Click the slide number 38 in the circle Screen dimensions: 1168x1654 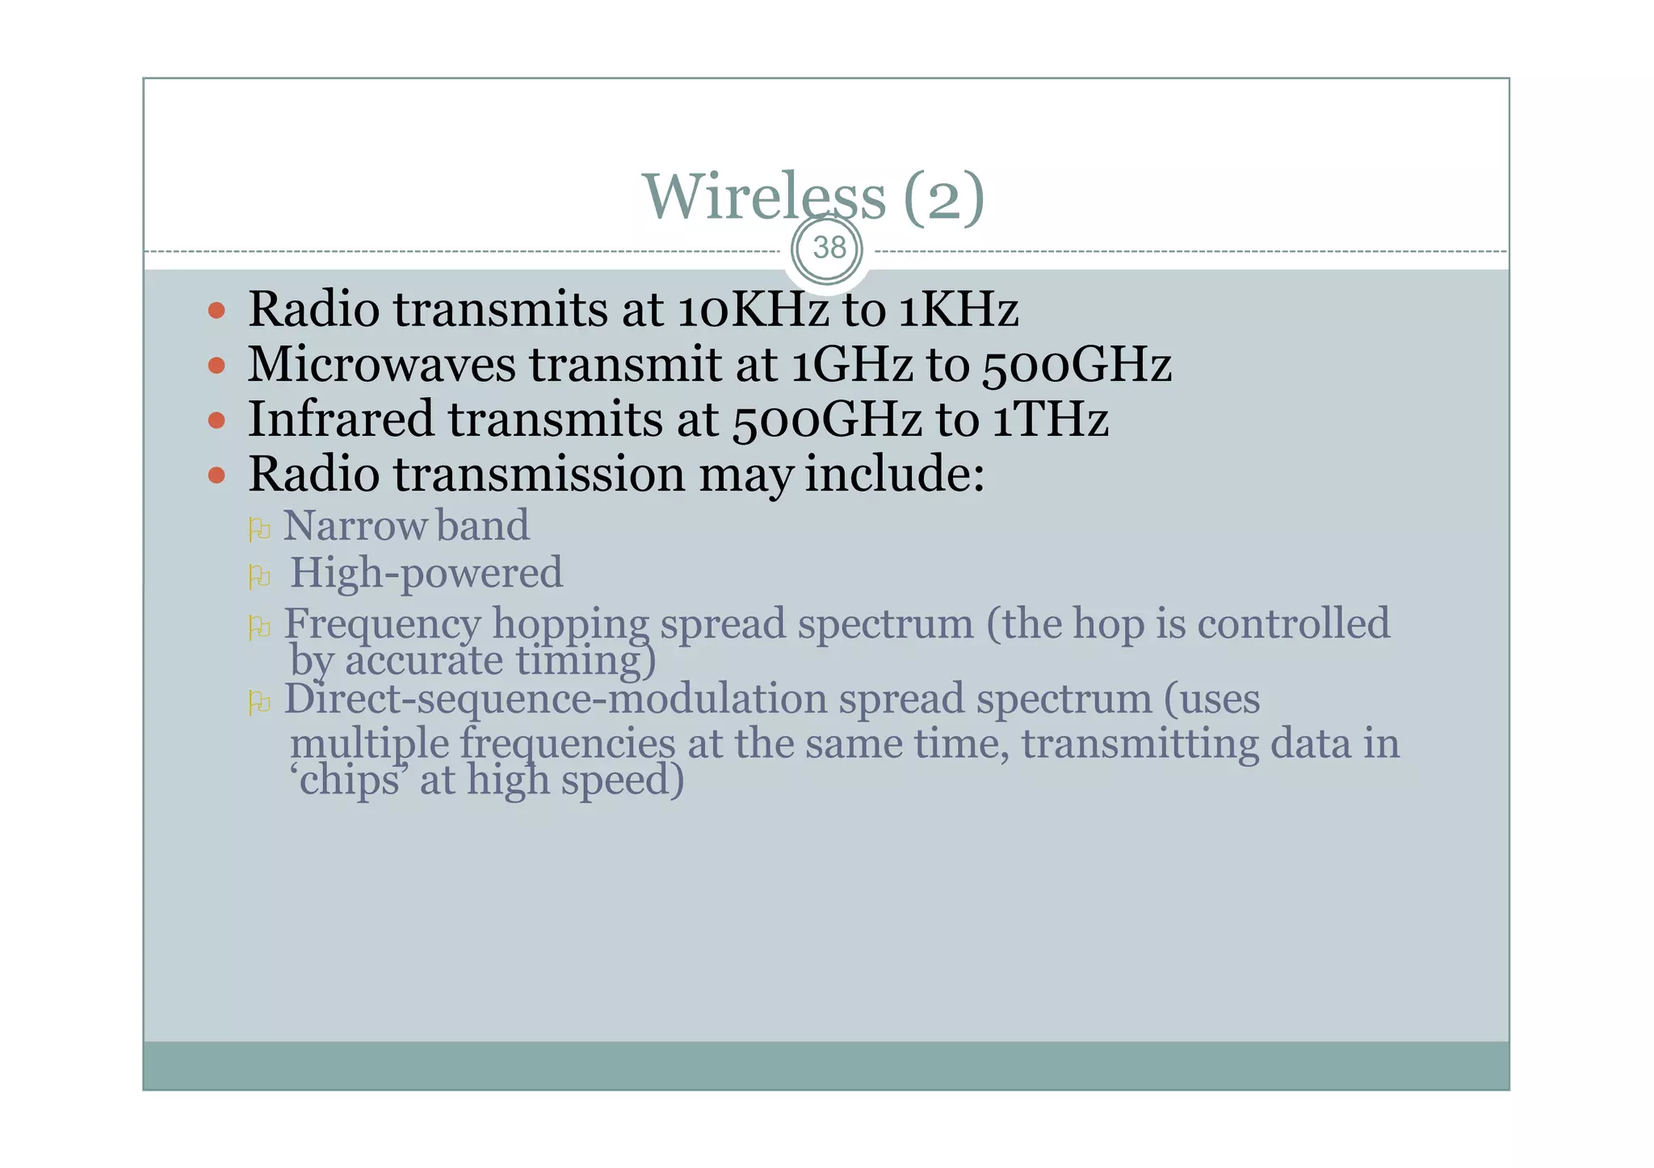(829, 248)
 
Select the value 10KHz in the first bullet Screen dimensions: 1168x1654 (753, 309)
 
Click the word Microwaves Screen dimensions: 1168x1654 (381, 364)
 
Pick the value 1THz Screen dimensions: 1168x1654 (1050, 419)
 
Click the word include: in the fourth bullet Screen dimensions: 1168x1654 (894, 474)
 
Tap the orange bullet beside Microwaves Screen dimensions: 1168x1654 (216, 366)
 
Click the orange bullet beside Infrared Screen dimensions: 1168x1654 (216, 421)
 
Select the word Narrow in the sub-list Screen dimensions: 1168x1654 (355, 525)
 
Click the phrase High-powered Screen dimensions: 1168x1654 (426, 573)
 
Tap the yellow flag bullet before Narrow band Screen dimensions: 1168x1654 (258, 530)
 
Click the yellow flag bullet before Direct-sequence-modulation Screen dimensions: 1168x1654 (258, 702)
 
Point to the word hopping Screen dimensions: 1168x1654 (570, 625)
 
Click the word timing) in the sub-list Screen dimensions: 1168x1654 (586, 661)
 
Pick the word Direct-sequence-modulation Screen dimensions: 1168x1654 (555, 698)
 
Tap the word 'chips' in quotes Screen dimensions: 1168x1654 (348, 781)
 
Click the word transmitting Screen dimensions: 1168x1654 (1140, 743)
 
